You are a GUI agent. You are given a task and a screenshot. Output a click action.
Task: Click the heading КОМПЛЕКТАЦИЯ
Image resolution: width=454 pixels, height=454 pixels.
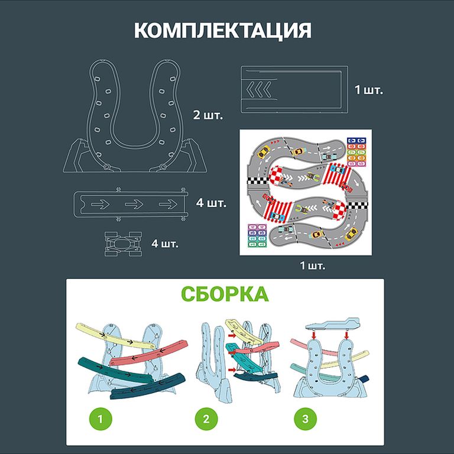223,31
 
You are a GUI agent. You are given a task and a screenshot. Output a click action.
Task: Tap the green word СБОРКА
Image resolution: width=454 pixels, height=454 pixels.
224,294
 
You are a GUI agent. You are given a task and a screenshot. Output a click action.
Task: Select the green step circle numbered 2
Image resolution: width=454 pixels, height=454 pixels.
206,419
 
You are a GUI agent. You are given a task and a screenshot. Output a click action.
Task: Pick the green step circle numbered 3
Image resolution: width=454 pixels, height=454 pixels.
304,419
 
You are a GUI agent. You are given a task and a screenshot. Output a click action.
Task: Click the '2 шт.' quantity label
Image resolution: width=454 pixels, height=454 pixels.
207,115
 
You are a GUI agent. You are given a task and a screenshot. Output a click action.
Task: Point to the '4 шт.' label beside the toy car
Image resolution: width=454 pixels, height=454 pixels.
165,243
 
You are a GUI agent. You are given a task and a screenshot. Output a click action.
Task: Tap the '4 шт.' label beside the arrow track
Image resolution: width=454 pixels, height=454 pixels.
211,203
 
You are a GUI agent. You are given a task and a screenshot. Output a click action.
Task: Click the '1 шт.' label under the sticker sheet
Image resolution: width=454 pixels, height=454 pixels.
312,265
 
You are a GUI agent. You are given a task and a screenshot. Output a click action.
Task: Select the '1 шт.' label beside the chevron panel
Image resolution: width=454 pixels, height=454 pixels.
369,91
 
